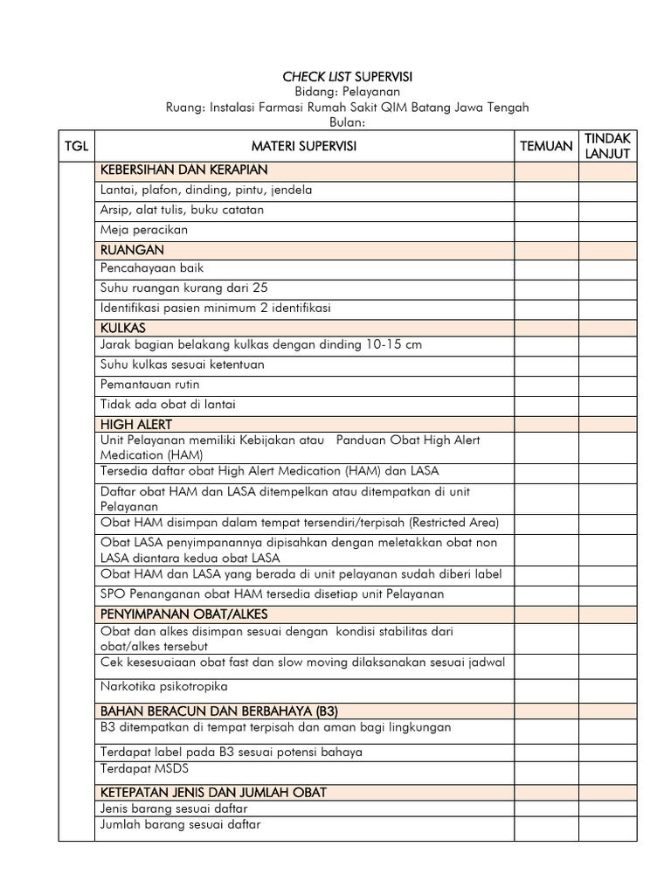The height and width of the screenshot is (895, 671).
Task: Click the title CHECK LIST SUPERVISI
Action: [x=347, y=77]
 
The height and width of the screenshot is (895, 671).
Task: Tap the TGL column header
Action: [x=77, y=147]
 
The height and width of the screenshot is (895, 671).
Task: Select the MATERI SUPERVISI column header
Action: [x=304, y=147]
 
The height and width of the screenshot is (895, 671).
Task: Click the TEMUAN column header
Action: [x=546, y=147]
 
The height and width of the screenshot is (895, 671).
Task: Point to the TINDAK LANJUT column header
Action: [x=607, y=147]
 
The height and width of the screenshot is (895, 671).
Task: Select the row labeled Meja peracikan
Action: [x=144, y=230]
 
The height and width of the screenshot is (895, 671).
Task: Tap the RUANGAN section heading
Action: [x=132, y=250]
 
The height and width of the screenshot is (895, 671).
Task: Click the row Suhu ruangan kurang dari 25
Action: [x=184, y=288]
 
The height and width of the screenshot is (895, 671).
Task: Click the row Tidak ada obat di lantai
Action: [x=168, y=404]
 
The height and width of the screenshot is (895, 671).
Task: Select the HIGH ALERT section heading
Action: [x=136, y=424]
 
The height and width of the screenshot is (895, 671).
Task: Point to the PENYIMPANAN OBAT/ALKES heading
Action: [x=183, y=614]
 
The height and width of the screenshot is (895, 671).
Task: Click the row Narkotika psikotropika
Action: [x=157, y=686]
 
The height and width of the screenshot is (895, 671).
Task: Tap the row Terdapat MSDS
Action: [x=144, y=768]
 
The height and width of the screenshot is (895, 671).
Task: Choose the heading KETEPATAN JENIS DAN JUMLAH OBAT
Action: [x=213, y=792]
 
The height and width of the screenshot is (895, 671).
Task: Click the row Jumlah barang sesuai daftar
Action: [x=180, y=824]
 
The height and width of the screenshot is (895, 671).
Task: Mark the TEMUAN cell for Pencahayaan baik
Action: [x=546, y=268]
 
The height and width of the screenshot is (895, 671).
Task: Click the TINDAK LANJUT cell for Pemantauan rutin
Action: [x=607, y=385]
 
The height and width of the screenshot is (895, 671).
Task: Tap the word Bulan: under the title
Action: [x=347, y=123]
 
